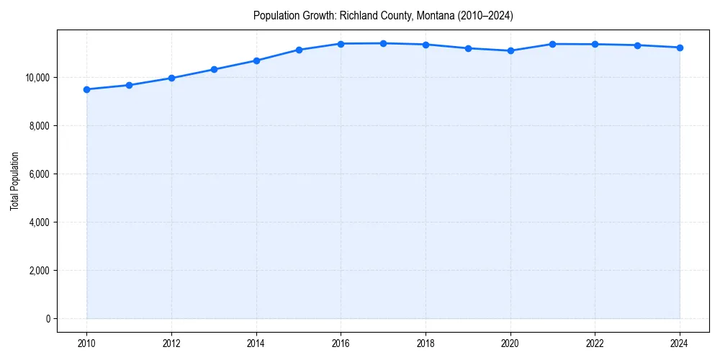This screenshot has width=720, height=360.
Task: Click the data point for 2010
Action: tap(86, 89)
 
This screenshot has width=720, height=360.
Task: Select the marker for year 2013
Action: tap(214, 69)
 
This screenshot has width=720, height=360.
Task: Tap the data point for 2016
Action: tap(341, 44)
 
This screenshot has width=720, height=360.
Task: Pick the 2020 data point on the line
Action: tap(510, 50)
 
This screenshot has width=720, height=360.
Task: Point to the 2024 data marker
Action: tap(680, 48)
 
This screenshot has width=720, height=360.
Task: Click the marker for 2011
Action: tap(129, 85)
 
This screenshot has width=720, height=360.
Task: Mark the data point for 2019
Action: tap(468, 48)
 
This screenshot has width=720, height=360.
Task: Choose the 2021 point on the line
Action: tap(553, 44)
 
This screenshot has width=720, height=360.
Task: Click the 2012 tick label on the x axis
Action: tap(171, 344)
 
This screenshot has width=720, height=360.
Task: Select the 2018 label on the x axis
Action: tap(426, 344)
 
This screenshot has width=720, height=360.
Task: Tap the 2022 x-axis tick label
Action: tap(595, 344)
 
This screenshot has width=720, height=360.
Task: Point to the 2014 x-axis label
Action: tap(256, 344)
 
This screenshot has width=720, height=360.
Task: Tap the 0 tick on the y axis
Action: tap(48, 319)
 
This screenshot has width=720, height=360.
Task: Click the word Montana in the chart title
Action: tap(434, 16)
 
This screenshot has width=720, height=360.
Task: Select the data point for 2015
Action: tap(299, 50)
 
